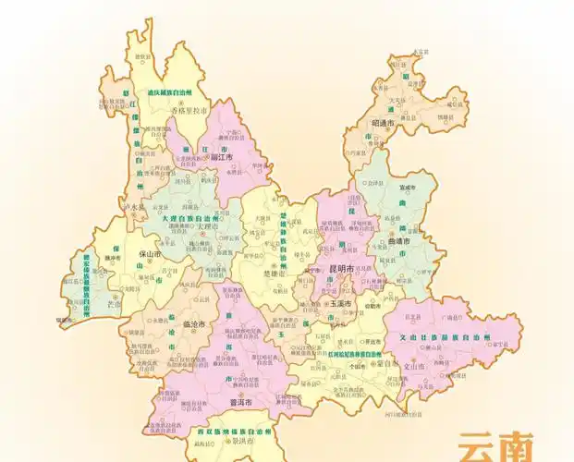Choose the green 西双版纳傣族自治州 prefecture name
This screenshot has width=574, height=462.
(x=228, y=432)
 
